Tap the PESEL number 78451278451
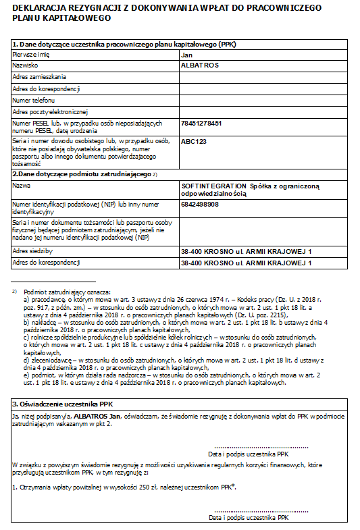pos(202,124)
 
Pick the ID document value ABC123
pos(194,142)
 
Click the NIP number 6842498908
pos(200,205)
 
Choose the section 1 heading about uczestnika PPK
pos(124,44)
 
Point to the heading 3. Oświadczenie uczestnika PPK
pos(63,404)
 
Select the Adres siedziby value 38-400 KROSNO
pos(247,252)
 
